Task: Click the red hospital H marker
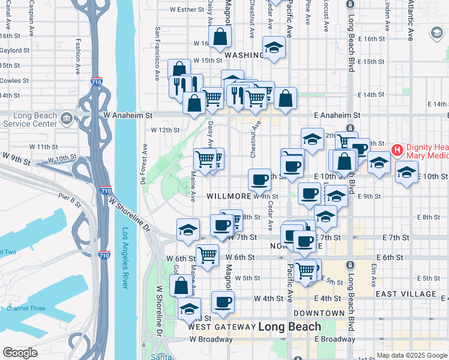397,149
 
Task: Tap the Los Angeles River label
125,258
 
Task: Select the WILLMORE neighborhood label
229,196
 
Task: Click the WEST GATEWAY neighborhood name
221,327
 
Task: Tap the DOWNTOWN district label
319,313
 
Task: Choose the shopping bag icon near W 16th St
221,37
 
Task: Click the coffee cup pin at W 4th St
223,302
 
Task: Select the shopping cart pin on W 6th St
207,256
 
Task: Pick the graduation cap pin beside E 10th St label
406,172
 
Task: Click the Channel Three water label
26,308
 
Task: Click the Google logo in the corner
20,353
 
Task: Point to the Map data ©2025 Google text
411,355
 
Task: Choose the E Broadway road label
334,339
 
